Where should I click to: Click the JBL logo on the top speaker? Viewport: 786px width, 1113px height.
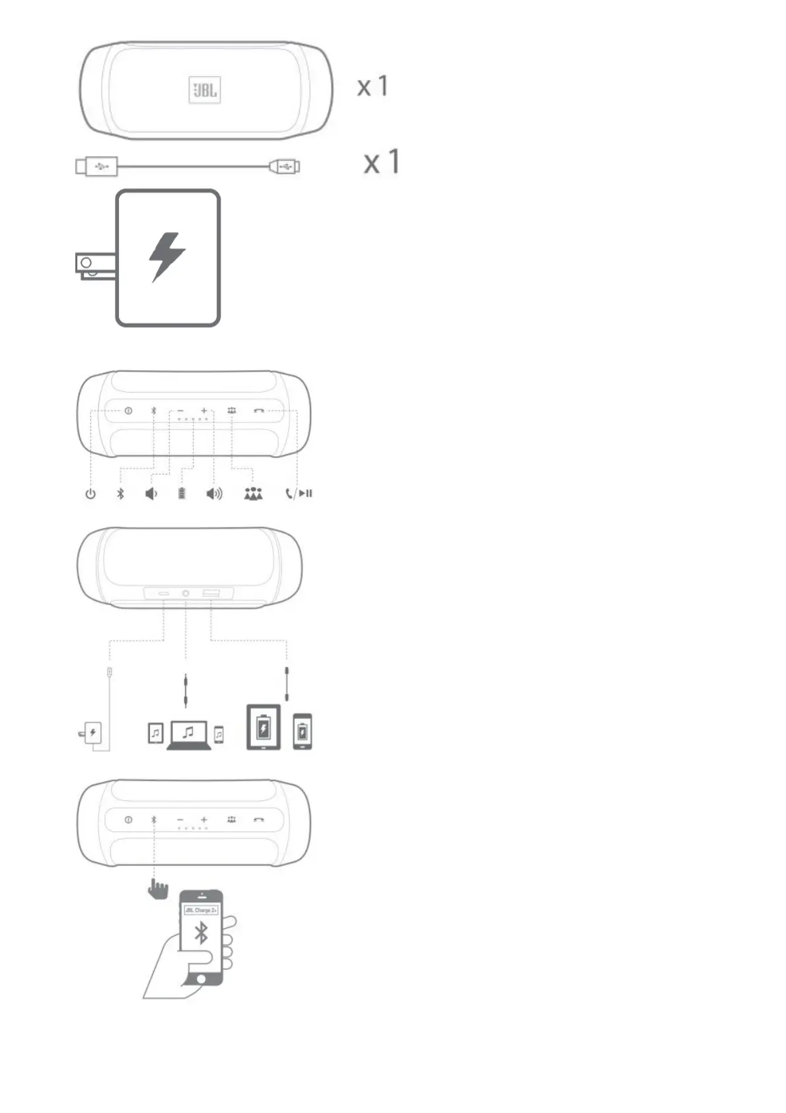(205, 90)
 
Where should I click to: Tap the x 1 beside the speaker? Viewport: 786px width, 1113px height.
(373, 87)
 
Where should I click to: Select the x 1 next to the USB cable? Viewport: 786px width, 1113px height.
(382, 162)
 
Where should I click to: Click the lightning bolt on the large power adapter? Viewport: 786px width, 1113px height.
(166, 256)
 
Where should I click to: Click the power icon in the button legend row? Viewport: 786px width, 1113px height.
(90, 494)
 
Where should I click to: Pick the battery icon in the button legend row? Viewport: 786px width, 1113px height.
(182, 494)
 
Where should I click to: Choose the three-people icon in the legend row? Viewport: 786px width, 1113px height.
(253, 494)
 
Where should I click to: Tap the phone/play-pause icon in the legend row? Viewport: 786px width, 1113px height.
(299, 494)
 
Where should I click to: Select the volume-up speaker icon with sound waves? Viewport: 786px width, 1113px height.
(215, 494)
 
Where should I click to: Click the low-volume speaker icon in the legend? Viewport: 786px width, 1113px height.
(151, 494)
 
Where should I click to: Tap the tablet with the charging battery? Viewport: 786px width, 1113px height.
(264, 727)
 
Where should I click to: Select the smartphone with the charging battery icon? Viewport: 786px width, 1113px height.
(303, 732)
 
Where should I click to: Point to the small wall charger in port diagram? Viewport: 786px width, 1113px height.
(92, 732)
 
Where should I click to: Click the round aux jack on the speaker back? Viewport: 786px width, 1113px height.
(186, 594)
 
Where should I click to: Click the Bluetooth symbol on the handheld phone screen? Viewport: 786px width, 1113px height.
(201, 933)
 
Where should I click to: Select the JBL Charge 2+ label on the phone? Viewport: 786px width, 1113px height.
(201, 910)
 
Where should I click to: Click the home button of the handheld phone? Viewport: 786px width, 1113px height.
(201, 978)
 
